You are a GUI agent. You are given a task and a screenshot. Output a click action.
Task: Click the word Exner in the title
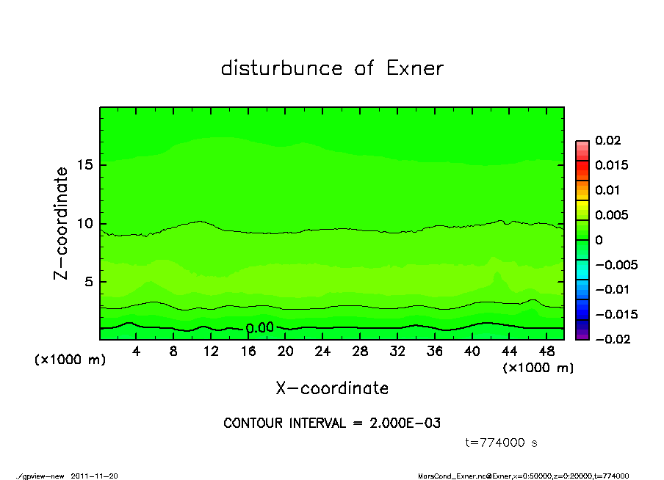414,68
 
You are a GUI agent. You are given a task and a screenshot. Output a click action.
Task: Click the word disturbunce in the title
282,68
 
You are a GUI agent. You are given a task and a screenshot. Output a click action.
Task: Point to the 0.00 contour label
260,328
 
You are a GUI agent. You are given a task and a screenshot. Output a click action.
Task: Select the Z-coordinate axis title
62,223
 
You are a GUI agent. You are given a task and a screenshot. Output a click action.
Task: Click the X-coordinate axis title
332,388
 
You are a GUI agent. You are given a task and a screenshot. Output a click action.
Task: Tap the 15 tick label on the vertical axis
85,165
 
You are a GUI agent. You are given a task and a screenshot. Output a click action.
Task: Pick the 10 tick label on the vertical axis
85,223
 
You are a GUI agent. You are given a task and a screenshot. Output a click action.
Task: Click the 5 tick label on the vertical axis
90,282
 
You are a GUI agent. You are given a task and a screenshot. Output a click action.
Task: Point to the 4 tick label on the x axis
137,352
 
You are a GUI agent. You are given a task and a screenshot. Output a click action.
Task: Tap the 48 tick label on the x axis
546,352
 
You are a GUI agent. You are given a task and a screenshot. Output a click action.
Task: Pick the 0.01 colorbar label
606,190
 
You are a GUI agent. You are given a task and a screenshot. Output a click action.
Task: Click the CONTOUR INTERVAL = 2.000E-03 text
332,423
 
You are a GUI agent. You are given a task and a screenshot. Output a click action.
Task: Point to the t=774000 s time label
502,443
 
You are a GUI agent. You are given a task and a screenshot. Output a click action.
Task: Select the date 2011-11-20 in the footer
93,476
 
